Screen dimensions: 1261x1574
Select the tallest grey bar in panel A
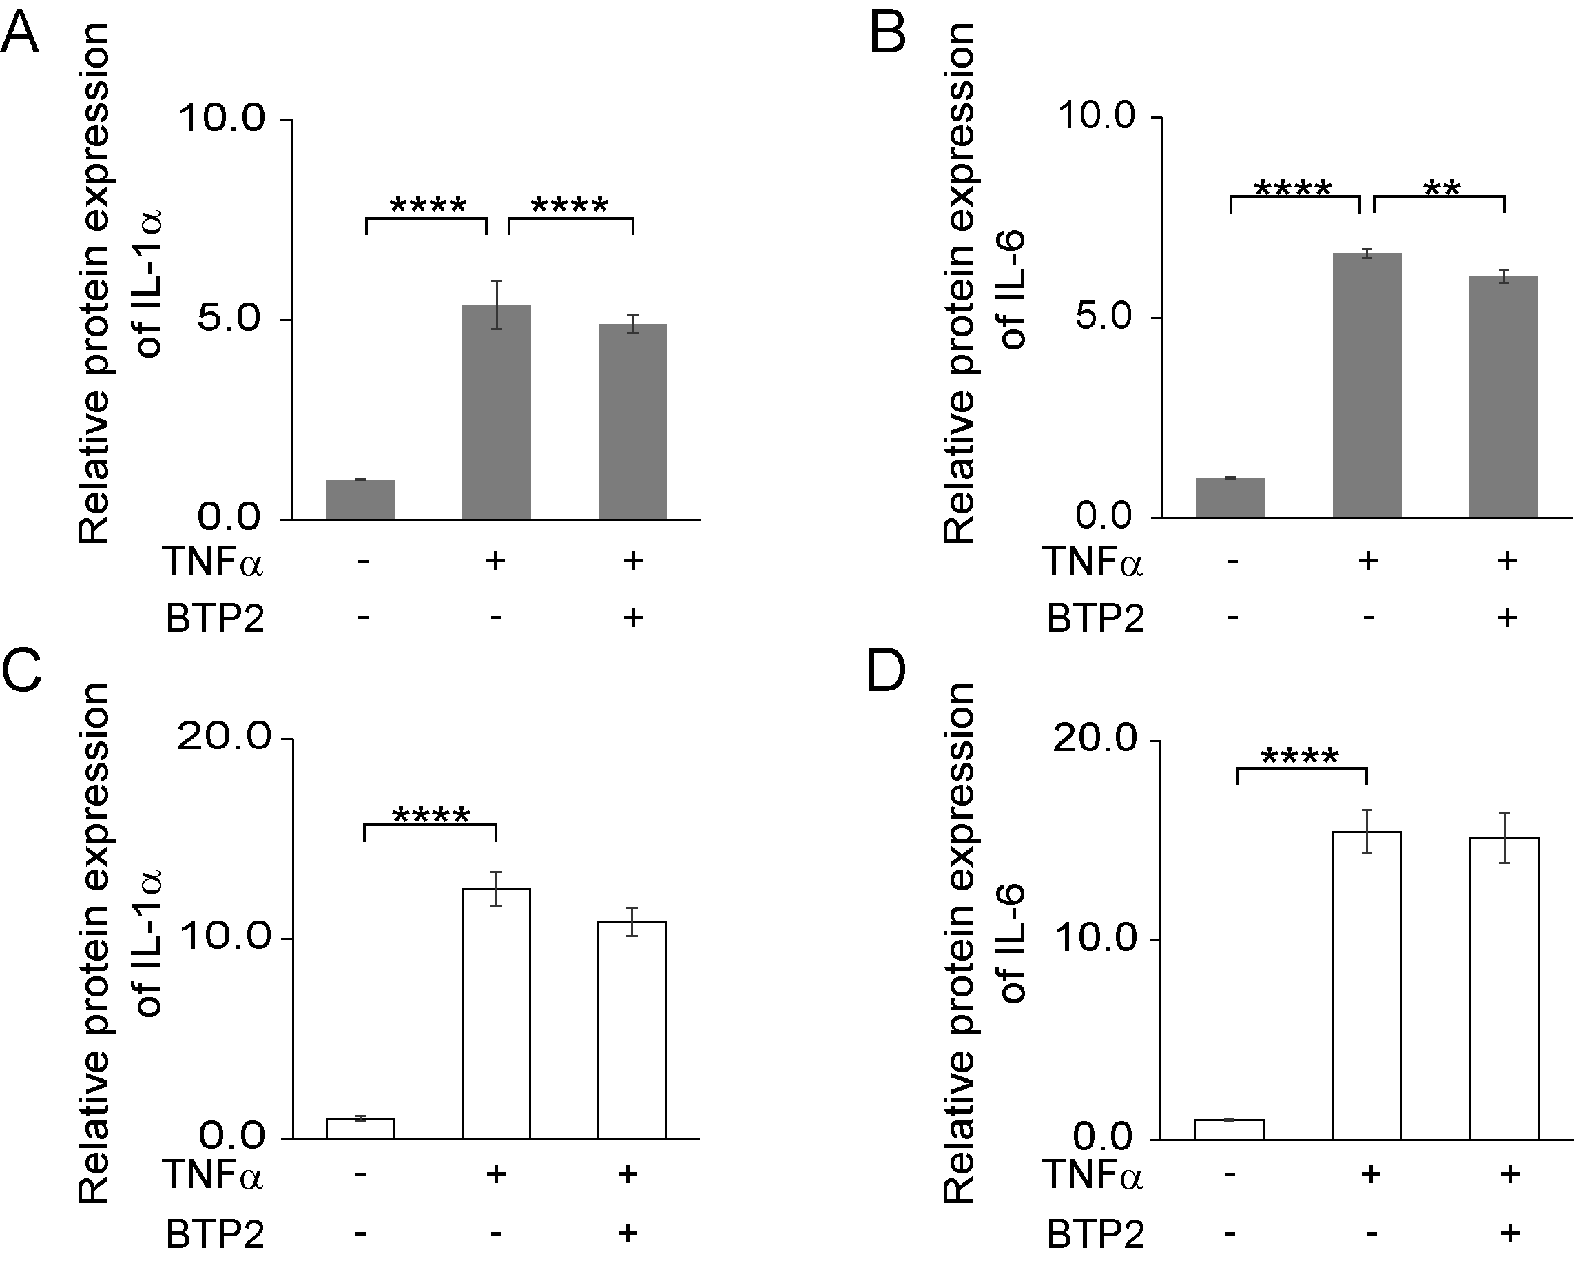click(497, 412)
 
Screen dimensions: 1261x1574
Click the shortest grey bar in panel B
click(1230, 498)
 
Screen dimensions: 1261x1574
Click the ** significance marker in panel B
click(1442, 188)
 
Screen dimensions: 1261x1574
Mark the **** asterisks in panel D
click(1300, 758)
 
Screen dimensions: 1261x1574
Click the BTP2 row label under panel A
click(215, 619)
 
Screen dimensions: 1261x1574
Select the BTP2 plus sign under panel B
click(1506, 617)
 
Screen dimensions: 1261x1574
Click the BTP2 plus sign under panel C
click(627, 1234)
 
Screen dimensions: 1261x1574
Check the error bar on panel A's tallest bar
click(497, 305)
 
